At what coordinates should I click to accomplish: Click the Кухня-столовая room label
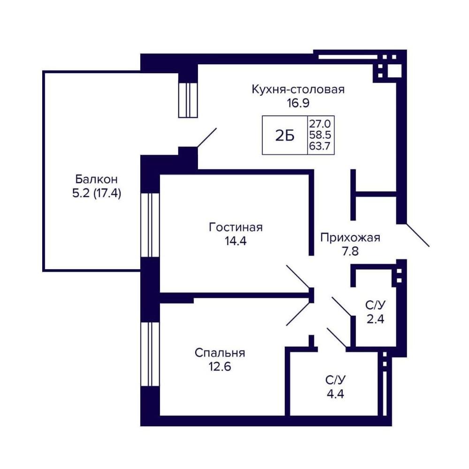pyautogui.click(x=298, y=90)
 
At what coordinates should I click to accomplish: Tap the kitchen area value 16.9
pyautogui.click(x=298, y=103)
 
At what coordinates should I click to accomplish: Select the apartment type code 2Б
pyautogui.click(x=285, y=136)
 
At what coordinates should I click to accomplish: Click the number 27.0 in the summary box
pyautogui.click(x=320, y=123)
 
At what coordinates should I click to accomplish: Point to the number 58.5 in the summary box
pyautogui.click(x=320, y=135)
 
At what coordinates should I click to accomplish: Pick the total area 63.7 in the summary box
pyautogui.click(x=320, y=146)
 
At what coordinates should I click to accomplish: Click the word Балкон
pyautogui.click(x=96, y=180)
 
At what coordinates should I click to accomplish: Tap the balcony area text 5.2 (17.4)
pyautogui.click(x=96, y=194)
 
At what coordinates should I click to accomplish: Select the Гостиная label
pyautogui.click(x=235, y=227)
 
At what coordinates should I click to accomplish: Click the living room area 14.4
pyautogui.click(x=235, y=241)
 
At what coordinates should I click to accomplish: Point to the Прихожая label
pyautogui.click(x=350, y=238)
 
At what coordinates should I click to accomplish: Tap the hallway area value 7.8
pyautogui.click(x=350, y=251)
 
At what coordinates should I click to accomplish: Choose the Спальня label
pyautogui.click(x=219, y=353)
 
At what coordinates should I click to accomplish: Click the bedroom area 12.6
pyautogui.click(x=219, y=367)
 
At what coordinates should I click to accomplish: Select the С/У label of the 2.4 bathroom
pyautogui.click(x=375, y=305)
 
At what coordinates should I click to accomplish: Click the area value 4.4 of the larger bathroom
pyautogui.click(x=335, y=394)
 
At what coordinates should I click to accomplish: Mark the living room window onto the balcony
pyautogui.click(x=150, y=225)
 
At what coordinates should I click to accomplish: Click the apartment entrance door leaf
pyautogui.click(x=417, y=235)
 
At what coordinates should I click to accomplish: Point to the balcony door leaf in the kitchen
pyautogui.click(x=207, y=137)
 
